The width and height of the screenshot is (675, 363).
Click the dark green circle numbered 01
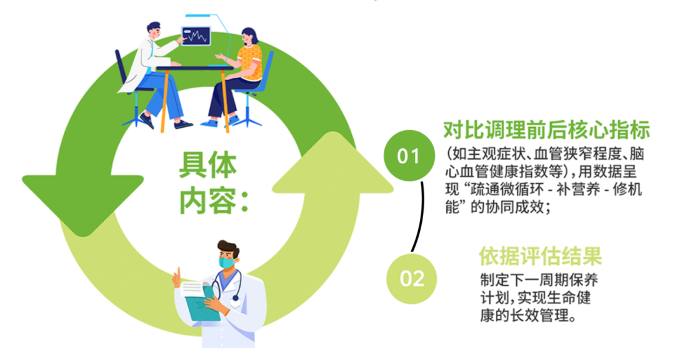(409, 156)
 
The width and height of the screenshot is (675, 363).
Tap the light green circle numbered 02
(411, 279)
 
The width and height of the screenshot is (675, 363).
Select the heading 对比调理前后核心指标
(546, 130)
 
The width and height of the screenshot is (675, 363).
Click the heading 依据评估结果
(540, 256)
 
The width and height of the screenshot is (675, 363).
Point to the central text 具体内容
(214, 183)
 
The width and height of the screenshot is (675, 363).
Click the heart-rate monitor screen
(196, 36)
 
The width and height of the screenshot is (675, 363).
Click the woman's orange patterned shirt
(250, 63)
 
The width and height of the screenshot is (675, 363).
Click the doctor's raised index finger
(177, 273)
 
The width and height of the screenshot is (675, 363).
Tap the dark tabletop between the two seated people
(194, 68)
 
